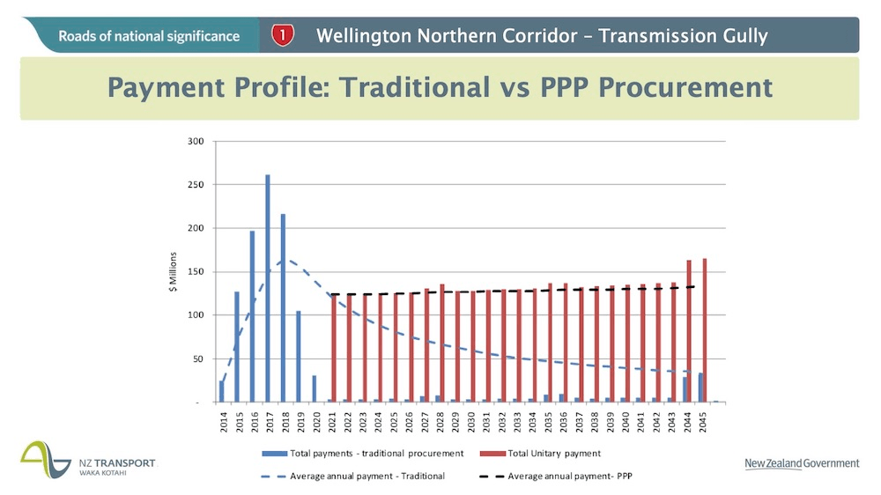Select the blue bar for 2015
[237, 347]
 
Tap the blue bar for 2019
[299, 357]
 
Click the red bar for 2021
[334, 349]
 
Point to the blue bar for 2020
[314, 388]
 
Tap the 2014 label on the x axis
[222, 421]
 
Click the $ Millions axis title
[174, 274]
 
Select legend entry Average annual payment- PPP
[569, 477]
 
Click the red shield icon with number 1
[282, 35]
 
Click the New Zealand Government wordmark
[801, 464]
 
